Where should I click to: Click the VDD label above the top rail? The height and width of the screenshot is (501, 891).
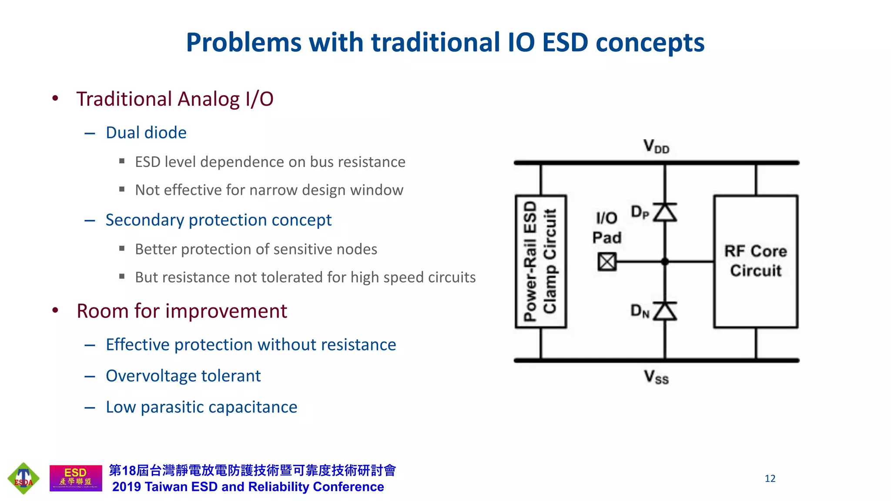point(656,147)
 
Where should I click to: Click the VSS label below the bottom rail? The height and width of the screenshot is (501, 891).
point(656,377)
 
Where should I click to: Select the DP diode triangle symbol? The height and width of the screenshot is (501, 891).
point(665,213)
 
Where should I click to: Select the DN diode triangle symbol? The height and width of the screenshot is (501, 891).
point(665,311)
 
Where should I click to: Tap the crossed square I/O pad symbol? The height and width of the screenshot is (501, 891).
point(607,262)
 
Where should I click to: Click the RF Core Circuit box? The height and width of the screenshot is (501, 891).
point(756,261)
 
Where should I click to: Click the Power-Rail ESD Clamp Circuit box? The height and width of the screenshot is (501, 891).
point(540,261)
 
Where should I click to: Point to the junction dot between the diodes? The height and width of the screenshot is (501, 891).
point(665,262)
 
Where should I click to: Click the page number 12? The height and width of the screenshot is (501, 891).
point(770,478)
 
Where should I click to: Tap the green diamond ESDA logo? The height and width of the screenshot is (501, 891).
point(23,478)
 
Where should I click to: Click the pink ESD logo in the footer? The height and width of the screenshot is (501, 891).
point(76,478)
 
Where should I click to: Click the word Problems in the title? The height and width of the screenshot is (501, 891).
point(244,43)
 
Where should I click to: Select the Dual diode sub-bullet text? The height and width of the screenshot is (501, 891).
point(146,133)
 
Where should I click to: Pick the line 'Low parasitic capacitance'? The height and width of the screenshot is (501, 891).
point(201,407)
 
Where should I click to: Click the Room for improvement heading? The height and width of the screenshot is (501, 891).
point(181,311)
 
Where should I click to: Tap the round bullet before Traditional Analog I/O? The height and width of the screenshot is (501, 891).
point(55,98)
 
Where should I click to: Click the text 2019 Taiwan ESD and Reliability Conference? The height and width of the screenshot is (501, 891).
point(248,487)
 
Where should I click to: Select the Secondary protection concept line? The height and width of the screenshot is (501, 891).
point(218,220)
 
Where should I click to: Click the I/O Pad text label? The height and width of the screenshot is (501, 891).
point(606,228)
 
